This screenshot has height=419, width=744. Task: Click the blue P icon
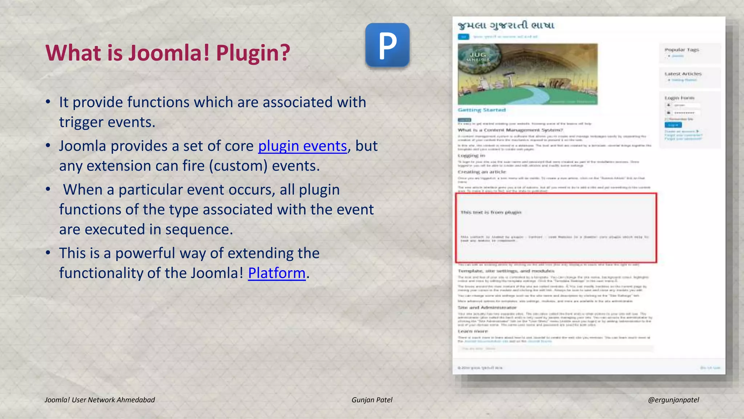387,45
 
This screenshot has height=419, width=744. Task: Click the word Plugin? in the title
253,53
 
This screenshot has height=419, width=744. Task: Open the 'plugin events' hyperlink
302,146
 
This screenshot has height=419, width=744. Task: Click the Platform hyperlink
276,273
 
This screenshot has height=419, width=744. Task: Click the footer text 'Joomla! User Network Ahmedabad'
100,400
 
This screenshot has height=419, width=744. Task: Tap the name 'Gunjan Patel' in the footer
372,400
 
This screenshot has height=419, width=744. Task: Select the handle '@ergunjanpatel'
673,400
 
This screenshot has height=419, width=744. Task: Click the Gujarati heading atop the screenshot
506,25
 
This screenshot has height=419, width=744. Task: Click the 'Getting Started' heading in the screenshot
481,110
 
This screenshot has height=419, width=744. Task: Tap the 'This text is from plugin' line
491,212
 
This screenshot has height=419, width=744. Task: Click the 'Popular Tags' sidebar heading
682,50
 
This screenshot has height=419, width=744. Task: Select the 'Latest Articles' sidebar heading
683,74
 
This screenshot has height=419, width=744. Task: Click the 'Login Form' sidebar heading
679,98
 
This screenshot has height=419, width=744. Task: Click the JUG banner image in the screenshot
527,74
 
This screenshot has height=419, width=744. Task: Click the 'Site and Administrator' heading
487,308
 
